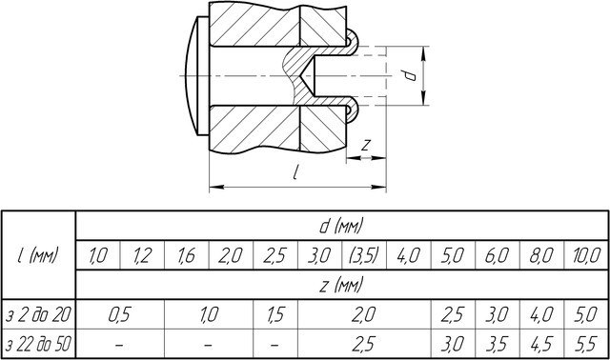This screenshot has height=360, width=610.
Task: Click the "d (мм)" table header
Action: (341, 226)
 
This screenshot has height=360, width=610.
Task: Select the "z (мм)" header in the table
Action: (341, 285)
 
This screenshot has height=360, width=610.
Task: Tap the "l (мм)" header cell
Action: (38, 255)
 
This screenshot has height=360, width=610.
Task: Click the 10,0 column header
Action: (586, 256)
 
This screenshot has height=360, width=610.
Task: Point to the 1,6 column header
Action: (187, 256)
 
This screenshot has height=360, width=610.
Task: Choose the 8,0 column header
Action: (541, 256)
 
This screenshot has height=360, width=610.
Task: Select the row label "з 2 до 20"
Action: (38, 315)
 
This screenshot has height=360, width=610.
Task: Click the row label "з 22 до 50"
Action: (38, 344)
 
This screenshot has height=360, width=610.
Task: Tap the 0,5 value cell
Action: (120, 315)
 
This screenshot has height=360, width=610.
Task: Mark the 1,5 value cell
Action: (275, 315)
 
